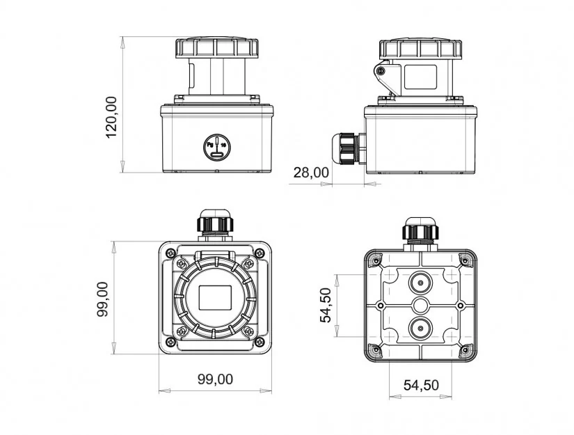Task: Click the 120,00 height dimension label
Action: pyautogui.click(x=111, y=117)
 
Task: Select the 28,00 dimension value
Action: pyautogui.click(x=311, y=173)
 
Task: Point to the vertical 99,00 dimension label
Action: pyautogui.click(x=102, y=299)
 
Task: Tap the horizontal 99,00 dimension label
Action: pyautogui.click(x=215, y=379)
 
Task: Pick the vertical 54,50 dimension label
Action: pyautogui.click(x=326, y=306)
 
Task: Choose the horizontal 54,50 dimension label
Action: pyautogui.click(x=421, y=385)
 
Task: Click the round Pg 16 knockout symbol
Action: pyautogui.click(x=217, y=147)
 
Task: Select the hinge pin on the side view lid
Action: pyautogui.click(x=381, y=71)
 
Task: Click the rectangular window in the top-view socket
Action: pyautogui.click(x=215, y=297)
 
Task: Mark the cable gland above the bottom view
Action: pyautogui.click(x=421, y=230)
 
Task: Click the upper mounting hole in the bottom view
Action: pyautogui.click(x=421, y=283)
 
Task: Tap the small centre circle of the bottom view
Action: pyautogui.click(x=421, y=306)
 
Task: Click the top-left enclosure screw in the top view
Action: pyautogui.click(x=170, y=253)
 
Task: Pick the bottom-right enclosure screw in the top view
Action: pyautogui.click(x=260, y=342)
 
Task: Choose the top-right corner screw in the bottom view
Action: pyautogui.click(x=465, y=261)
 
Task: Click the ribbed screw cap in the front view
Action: pyautogui.click(x=216, y=47)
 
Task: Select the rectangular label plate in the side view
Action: pyautogui.click(x=420, y=77)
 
